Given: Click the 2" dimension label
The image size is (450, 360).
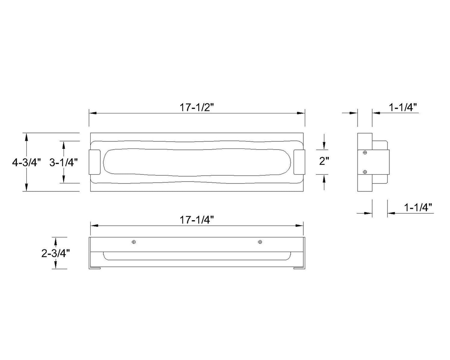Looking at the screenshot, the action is [x=324, y=161].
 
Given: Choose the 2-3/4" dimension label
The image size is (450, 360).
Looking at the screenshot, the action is [x=55, y=254].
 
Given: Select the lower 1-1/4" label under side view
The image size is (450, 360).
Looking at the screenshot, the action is [x=418, y=207].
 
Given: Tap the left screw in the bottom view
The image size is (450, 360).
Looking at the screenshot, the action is [x=134, y=242].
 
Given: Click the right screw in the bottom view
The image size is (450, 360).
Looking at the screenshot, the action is [x=260, y=242].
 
